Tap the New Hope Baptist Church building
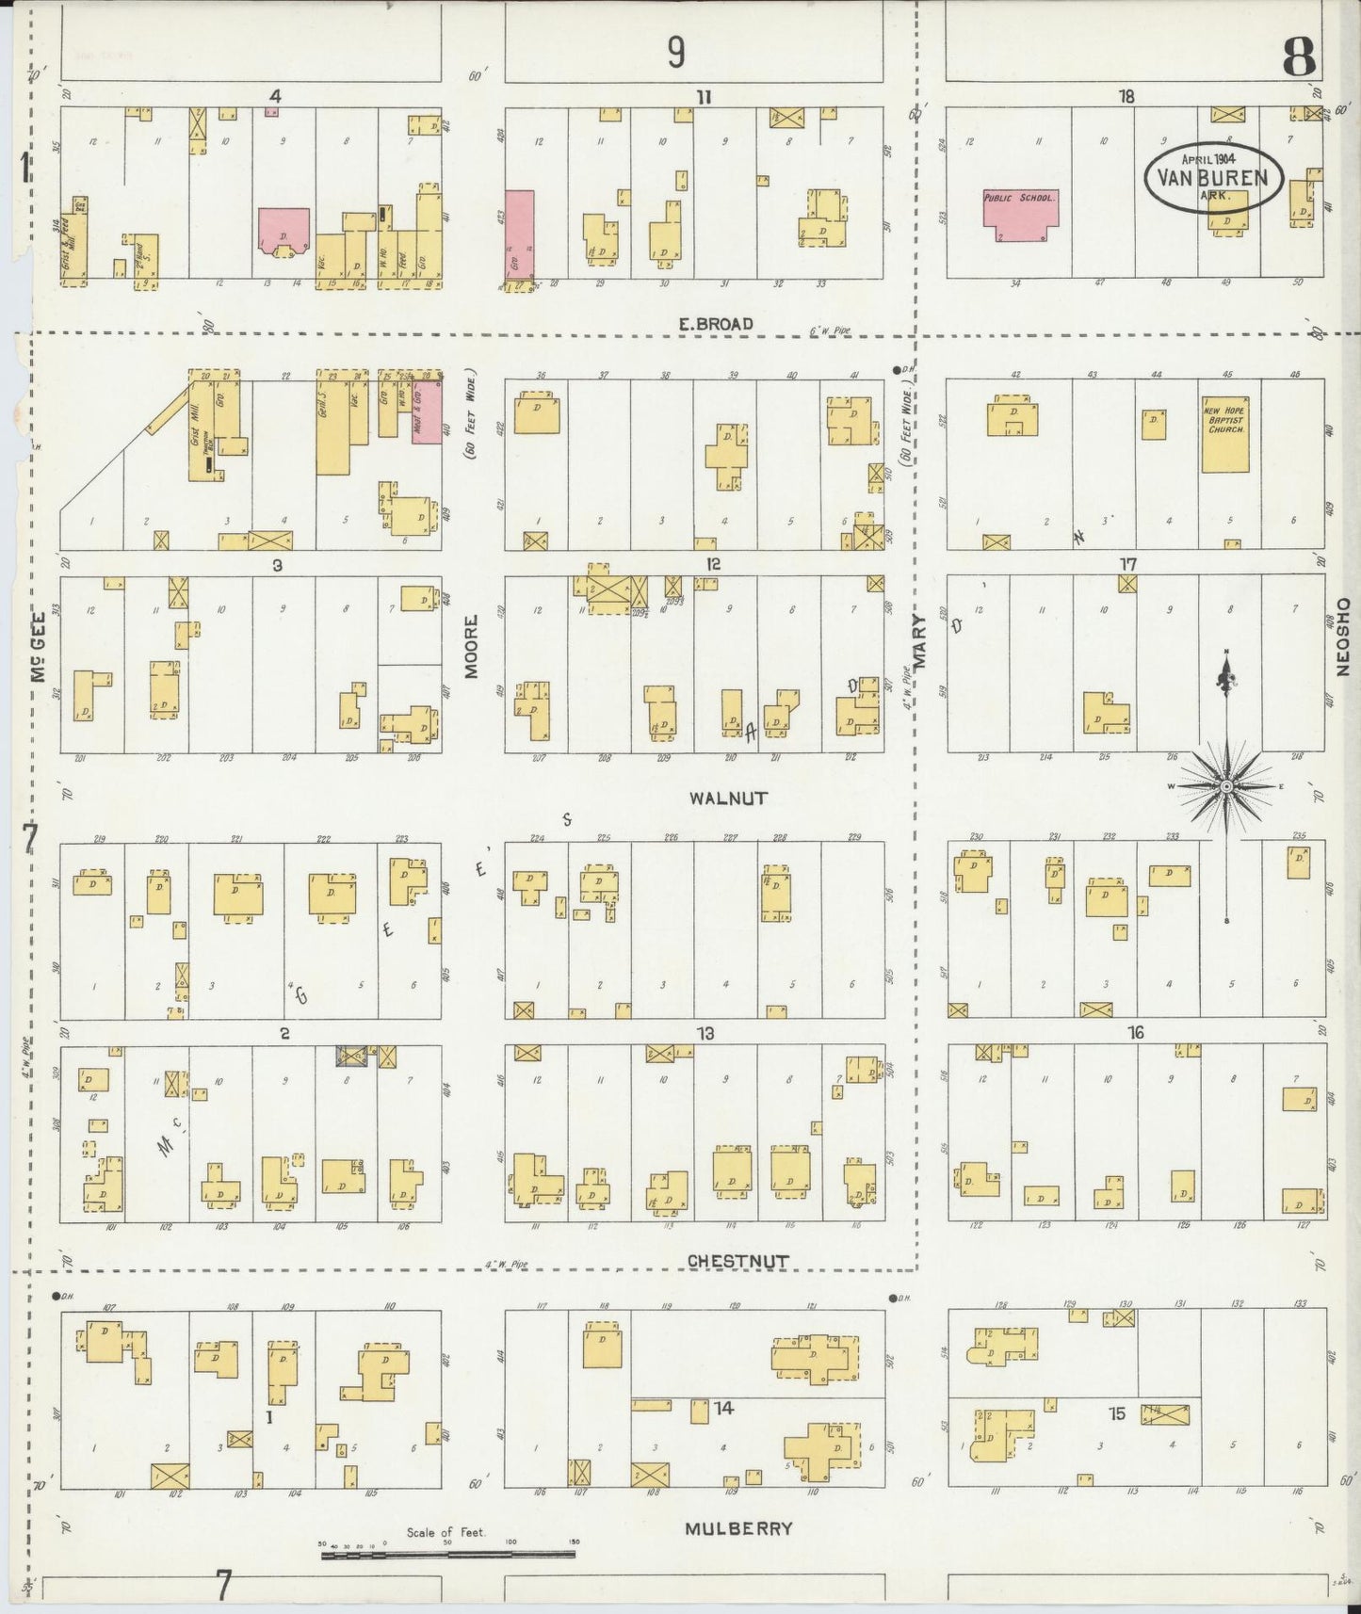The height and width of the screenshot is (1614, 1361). (x=1225, y=433)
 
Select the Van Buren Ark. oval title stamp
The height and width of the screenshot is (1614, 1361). (x=1214, y=178)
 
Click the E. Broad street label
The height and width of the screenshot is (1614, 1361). (x=716, y=324)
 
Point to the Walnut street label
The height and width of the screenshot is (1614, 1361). (x=728, y=799)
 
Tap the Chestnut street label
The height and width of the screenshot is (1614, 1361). (x=737, y=1260)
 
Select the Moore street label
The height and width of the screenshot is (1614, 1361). (x=472, y=646)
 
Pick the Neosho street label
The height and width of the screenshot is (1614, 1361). (x=1342, y=636)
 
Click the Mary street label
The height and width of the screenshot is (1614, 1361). (x=919, y=640)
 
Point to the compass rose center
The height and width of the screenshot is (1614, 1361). (x=1226, y=785)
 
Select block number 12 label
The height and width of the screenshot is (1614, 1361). (x=713, y=564)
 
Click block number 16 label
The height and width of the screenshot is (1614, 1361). (x=1136, y=1033)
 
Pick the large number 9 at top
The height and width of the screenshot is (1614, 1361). (x=675, y=53)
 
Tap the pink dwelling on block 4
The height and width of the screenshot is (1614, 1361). (x=283, y=231)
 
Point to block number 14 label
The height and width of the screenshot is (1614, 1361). (x=723, y=1408)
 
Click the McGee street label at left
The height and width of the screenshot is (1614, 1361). (x=40, y=670)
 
